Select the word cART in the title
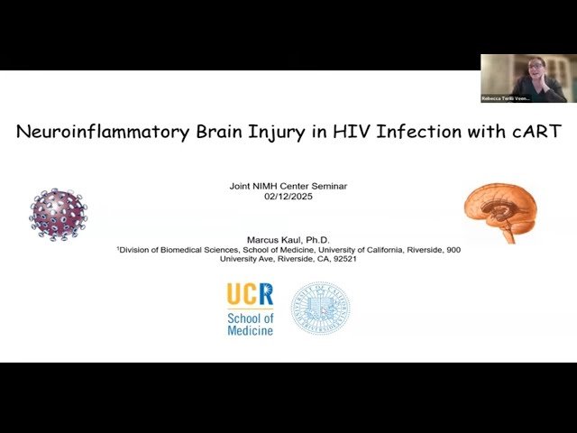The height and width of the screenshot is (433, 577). click(x=534, y=132)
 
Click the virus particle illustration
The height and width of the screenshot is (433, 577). click(x=59, y=214)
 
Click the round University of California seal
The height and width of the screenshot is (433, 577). click(x=320, y=309)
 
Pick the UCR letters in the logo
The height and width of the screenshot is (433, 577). click(x=250, y=294)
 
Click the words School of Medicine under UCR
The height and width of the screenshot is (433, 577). click(x=250, y=325)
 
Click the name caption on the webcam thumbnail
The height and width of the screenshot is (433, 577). click(x=506, y=98)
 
